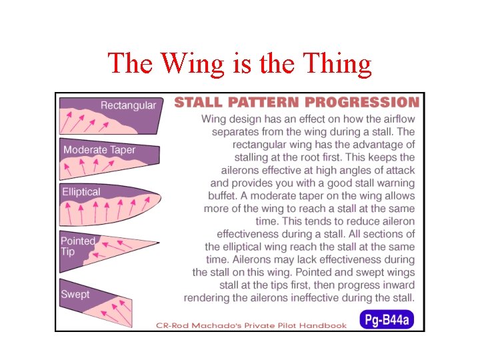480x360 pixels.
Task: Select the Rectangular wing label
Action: point(128,105)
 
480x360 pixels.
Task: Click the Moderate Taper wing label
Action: point(99,150)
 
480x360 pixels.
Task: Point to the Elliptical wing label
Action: point(81,192)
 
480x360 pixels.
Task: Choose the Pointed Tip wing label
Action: point(77,246)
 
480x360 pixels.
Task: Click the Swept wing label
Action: point(75,294)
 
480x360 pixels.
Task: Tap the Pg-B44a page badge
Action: point(387,320)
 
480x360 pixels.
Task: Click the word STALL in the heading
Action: point(197,103)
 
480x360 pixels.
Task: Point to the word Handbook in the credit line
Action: point(323,325)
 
